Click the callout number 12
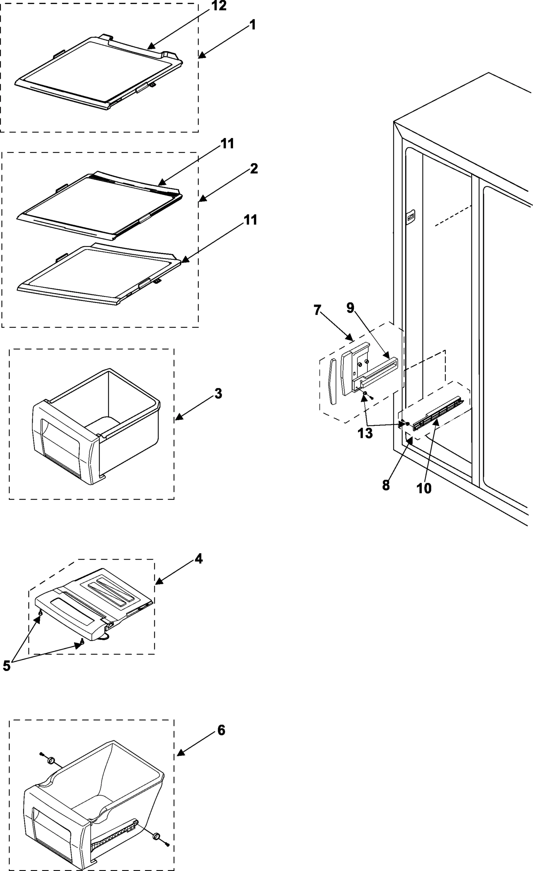(219, 6)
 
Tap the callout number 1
(252, 25)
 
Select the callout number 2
(254, 169)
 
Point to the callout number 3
(218, 393)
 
